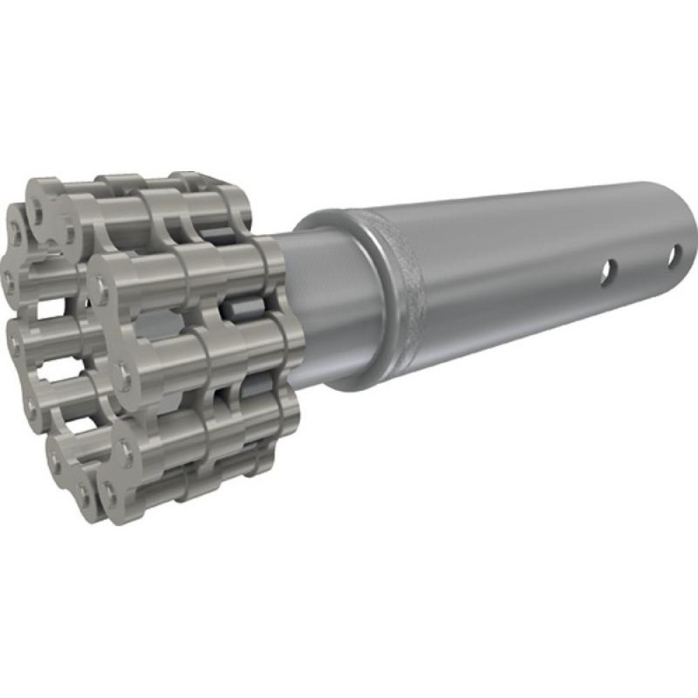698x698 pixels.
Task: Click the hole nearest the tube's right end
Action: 674,257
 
